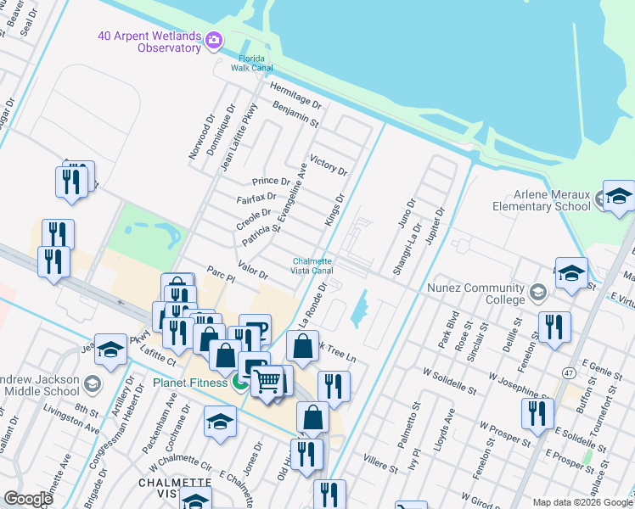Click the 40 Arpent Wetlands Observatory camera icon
(x=213, y=40)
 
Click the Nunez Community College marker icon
(x=537, y=294)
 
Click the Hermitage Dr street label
(x=295, y=93)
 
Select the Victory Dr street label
(x=329, y=165)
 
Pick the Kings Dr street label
(x=335, y=210)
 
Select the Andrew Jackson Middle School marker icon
(x=93, y=385)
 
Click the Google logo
(x=28, y=499)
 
